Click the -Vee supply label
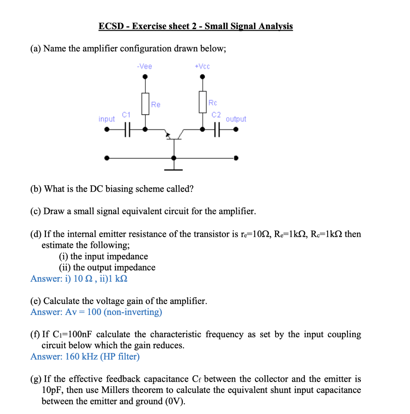click(145, 66)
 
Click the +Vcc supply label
click(202, 66)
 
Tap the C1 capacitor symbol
click(127, 130)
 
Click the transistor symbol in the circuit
click(174, 135)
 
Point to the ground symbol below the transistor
click(174, 169)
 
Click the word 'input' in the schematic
click(107, 119)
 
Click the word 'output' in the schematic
click(236, 119)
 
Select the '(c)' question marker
click(36, 211)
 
